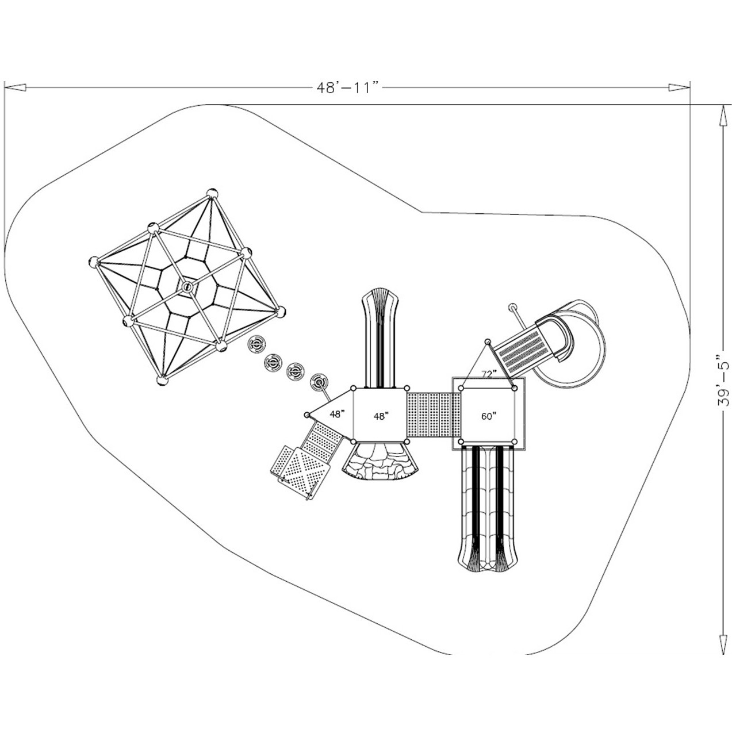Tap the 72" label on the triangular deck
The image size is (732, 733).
coord(488,374)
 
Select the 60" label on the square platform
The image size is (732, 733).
coord(488,417)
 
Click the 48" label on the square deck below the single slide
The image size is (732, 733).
coord(379,415)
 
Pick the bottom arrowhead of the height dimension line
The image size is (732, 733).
coord(723,644)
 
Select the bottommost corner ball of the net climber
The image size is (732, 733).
coord(162,380)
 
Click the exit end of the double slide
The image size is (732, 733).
coord(488,561)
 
